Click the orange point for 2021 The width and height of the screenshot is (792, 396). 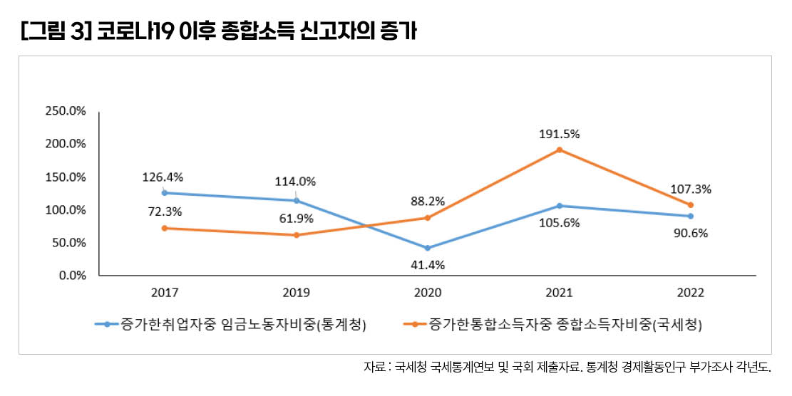[560, 150]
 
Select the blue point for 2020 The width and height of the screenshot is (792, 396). [428, 248]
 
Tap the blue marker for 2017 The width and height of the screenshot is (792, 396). [165, 193]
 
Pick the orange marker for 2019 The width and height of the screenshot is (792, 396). [297, 235]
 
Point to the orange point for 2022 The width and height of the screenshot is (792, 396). [691, 205]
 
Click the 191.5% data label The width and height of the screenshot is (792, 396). [560, 133]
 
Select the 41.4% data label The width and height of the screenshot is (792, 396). [428, 265]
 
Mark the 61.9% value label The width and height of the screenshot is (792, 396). [297, 219]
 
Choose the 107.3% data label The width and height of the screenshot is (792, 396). [691, 189]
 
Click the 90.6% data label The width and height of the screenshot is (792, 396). [691, 234]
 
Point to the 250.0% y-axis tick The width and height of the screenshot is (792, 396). [65, 111]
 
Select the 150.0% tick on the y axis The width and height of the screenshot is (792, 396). [65, 177]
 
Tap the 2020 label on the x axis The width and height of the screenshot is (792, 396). [428, 293]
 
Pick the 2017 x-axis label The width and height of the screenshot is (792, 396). [165, 293]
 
